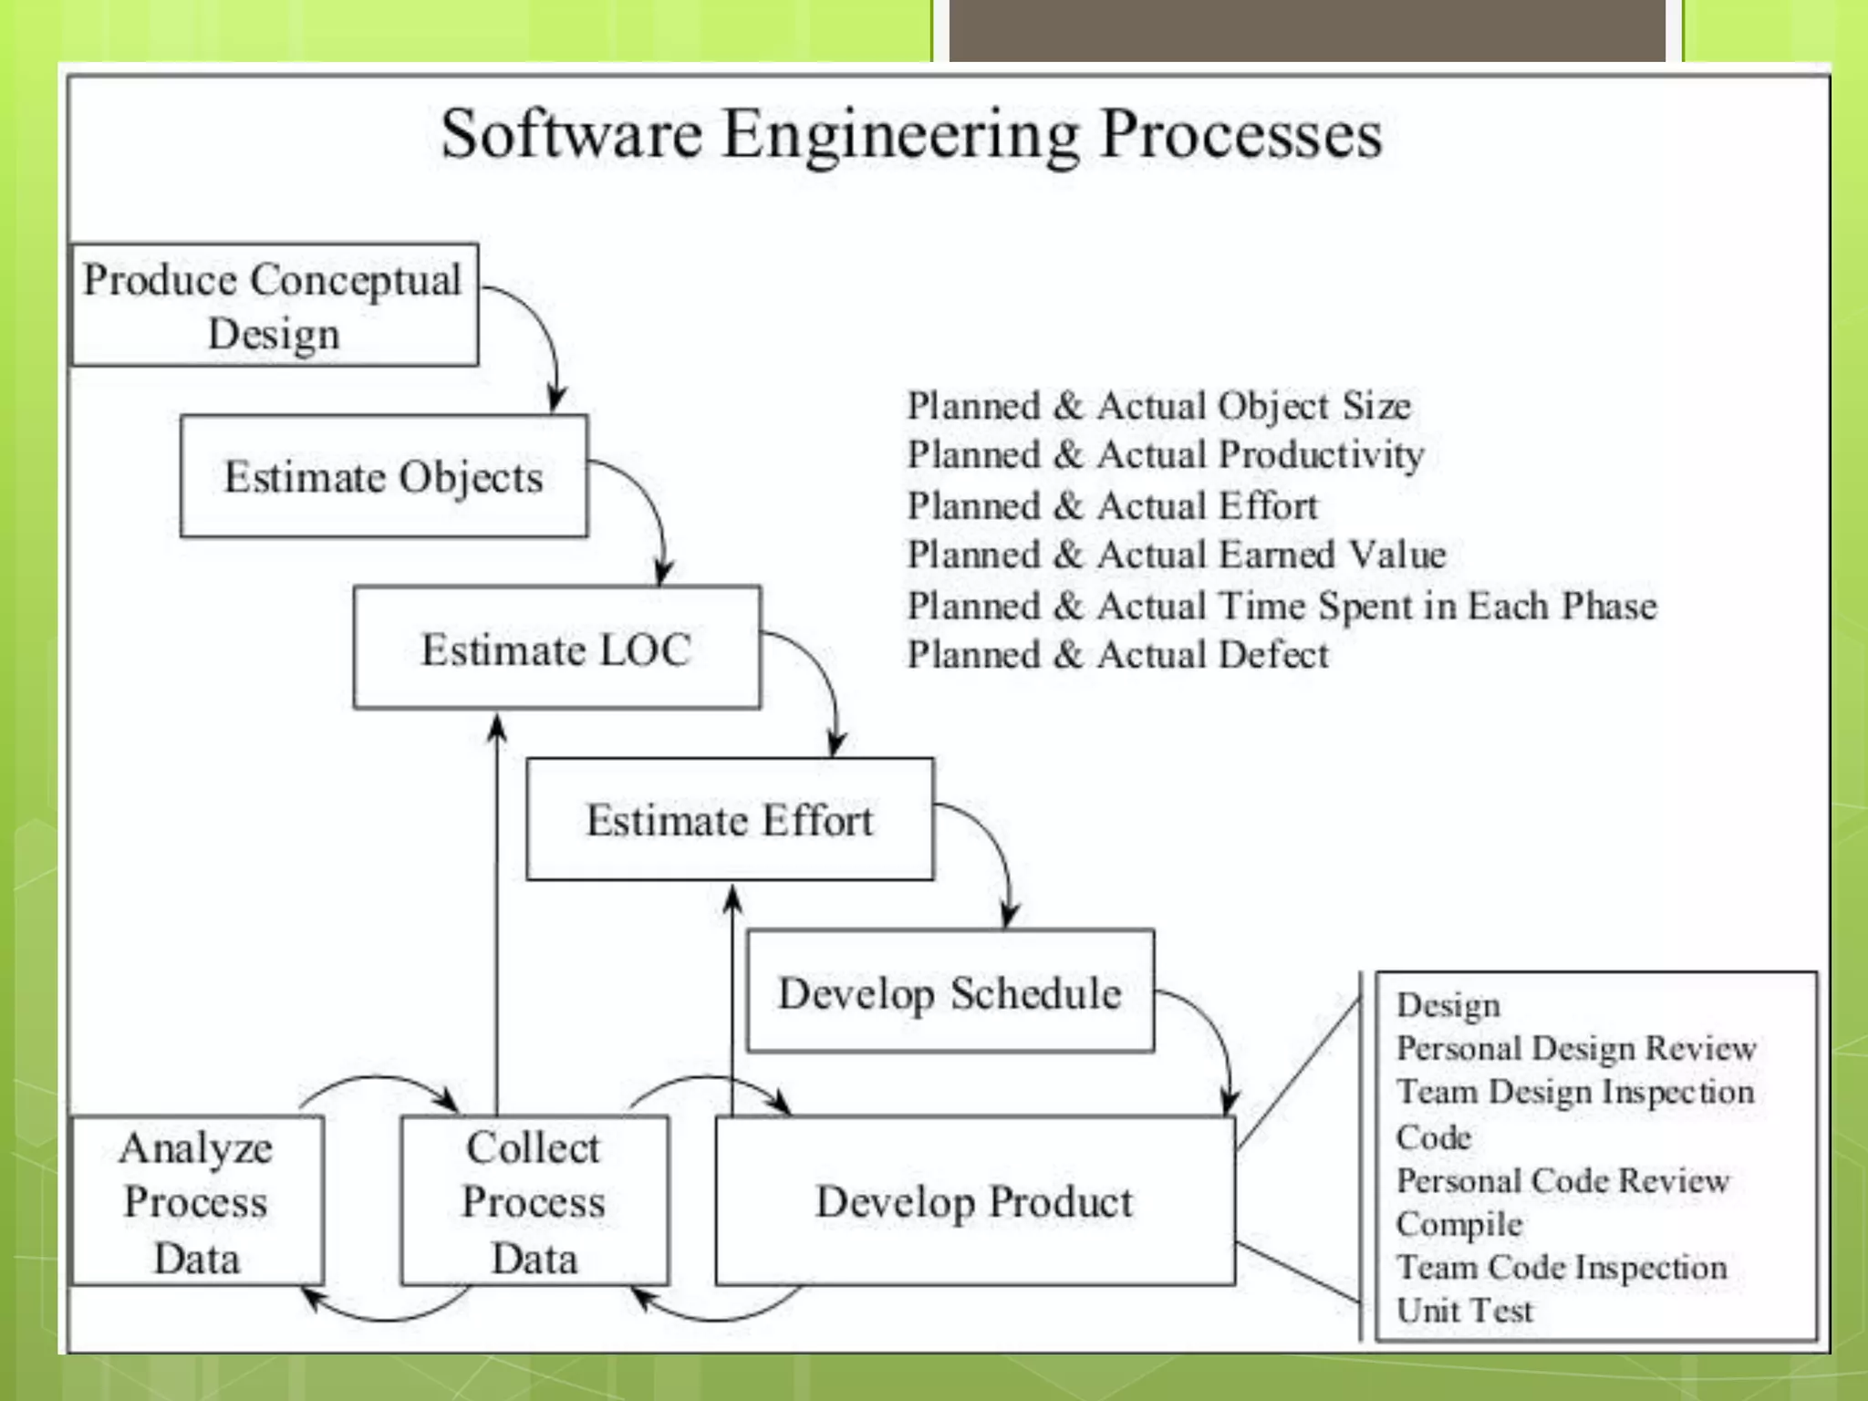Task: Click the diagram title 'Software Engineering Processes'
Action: [x=910, y=135]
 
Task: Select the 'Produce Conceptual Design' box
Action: [x=274, y=305]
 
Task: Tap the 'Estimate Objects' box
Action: [x=384, y=476]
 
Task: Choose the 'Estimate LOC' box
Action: [x=556, y=649]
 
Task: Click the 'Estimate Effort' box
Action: [x=730, y=819]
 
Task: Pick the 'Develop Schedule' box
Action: [x=950, y=991]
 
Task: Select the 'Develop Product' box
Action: [x=974, y=1200]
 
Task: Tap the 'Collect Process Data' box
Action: [x=534, y=1200]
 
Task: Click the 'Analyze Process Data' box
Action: [x=197, y=1200]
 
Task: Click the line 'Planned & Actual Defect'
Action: [x=1117, y=655]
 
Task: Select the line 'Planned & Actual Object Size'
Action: [x=1158, y=406]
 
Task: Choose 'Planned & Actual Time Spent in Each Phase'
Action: [x=1282, y=606]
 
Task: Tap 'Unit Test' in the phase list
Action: [x=1465, y=1310]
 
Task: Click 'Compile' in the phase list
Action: [x=1459, y=1224]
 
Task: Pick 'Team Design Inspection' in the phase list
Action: [x=1575, y=1092]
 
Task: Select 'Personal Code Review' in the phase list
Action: [x=1562, y=1180]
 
